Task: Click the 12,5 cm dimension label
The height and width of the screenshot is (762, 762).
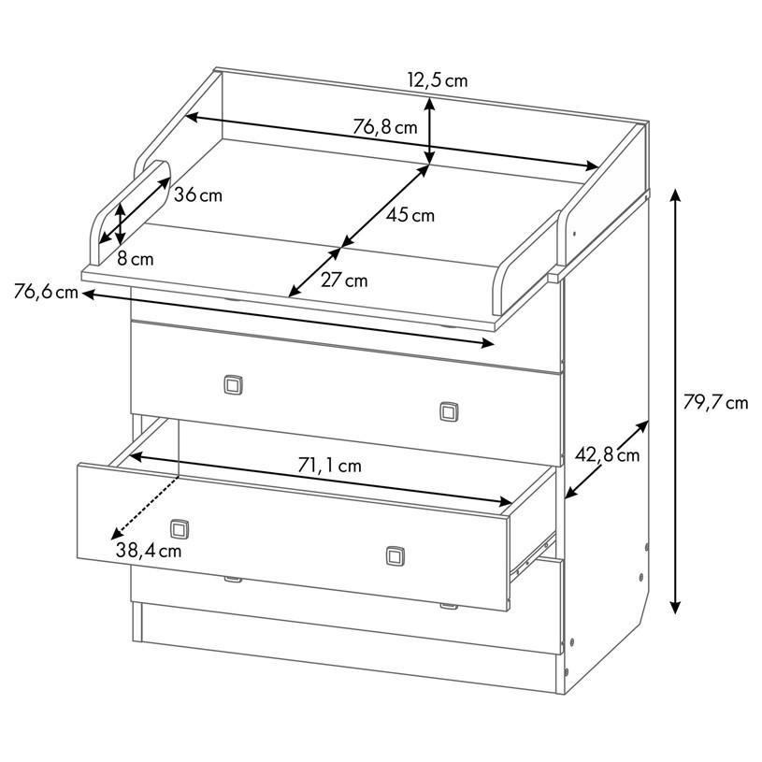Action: click(438, 79)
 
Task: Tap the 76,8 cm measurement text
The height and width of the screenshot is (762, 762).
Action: click(385, 127)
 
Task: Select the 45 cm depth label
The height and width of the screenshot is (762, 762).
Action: click(410, 215)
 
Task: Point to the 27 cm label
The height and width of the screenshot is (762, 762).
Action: click(344, 280)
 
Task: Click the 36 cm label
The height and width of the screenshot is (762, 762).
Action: click(198, 195)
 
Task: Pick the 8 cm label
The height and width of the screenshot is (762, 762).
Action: click(135, 259)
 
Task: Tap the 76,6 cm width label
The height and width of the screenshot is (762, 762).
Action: click(46, 292)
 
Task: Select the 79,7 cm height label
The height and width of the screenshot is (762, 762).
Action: click(715, 402)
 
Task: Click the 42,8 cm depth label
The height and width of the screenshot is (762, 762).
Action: click(607, 455)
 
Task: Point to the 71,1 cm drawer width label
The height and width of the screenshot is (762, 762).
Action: click(329, 466)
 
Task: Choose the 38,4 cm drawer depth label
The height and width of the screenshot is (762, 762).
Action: click(149, 551)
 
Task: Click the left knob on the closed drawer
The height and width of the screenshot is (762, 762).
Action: click(233, 385)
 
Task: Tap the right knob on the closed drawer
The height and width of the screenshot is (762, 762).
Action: click(449, 411)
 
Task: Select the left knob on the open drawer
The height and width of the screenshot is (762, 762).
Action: click(180, 529)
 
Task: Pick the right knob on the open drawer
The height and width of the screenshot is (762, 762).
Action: click(395, 556)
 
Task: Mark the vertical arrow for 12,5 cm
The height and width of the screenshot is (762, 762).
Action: click(429, 131)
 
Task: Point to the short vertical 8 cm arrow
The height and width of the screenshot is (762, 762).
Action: click(121, 223)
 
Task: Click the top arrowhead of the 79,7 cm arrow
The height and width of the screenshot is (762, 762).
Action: click(675, 194)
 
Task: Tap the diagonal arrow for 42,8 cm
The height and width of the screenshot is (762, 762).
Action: click(607, 460)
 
